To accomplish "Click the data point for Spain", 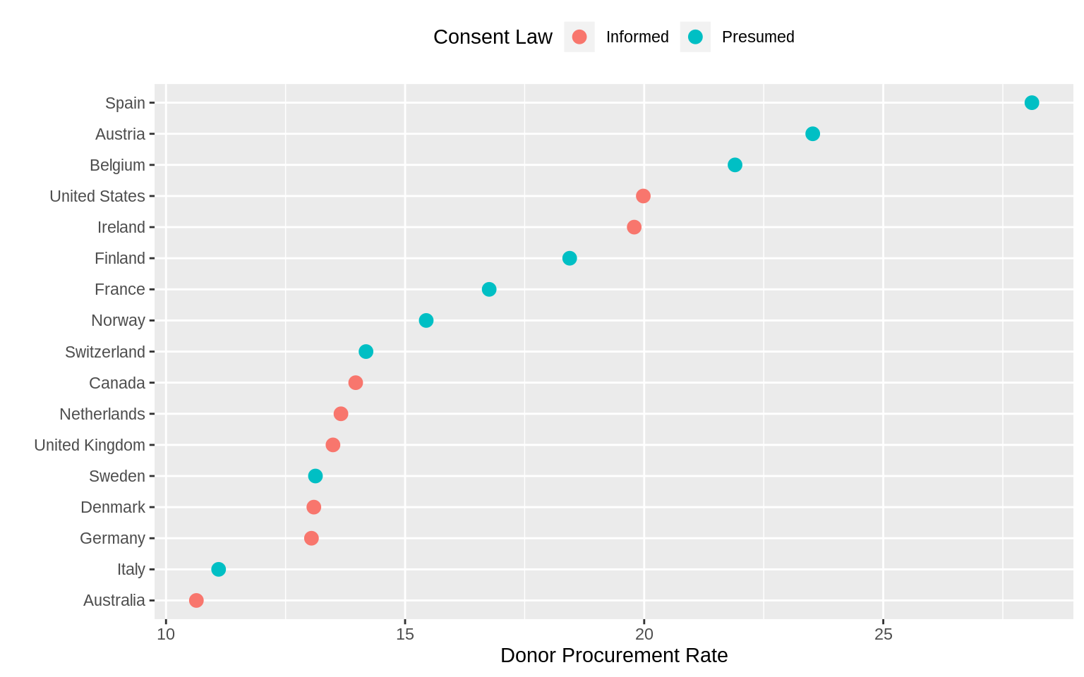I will (1031, 103).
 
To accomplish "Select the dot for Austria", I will (812, 134).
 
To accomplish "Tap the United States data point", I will (643, 196).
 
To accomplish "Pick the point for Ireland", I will (634, 227).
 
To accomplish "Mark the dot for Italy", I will (219, 569).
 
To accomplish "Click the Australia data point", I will (196, 600).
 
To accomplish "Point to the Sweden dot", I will (315, 476).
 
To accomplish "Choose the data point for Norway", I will (426, 321).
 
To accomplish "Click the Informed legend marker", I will (579, 37).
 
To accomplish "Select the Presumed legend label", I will (758, 37).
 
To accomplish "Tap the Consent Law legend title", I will (493, 37).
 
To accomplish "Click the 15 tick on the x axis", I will (404, 635).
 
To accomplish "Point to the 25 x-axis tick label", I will (883, 635).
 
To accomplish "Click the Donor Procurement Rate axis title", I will (614, 656).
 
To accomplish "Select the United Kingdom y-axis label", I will (90, 445).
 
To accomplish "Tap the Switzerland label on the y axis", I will (105, 352).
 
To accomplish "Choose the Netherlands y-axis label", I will (102, 414).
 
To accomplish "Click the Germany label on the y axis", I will (112, 538).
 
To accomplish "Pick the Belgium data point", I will (735, 165).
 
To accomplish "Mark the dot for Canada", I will (356, 383).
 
